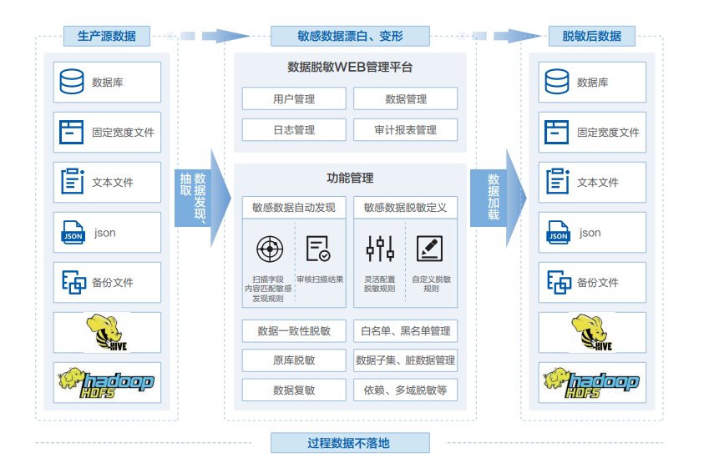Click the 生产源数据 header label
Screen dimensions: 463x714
coord(107,36)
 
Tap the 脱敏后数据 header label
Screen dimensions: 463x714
coord(591,36)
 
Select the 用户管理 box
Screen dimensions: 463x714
coord(294,98)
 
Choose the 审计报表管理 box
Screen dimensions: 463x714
coord(405,130)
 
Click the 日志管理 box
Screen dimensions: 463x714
coord(294,130)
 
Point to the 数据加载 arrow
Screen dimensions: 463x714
coord(497,199)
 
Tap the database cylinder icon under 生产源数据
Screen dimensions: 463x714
coord(73,82)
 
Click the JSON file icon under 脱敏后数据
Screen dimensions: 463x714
coord(558,233)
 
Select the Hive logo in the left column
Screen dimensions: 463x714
coord(107,332)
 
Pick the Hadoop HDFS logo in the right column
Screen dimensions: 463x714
coord(591,382)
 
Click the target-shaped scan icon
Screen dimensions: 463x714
coord(268,249)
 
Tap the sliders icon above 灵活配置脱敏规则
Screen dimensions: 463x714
coord(380,249)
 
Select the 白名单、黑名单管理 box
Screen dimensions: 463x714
coord(405,331)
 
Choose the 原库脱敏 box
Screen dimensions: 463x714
coord(294,360)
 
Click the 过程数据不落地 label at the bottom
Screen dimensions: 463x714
coord(348,443)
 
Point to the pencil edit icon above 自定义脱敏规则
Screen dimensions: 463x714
coord(430,249)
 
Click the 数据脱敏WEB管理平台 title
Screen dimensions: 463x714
coord(350,67)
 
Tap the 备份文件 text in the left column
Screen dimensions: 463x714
coord(113,283)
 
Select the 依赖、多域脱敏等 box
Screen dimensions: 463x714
coord(405,390)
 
